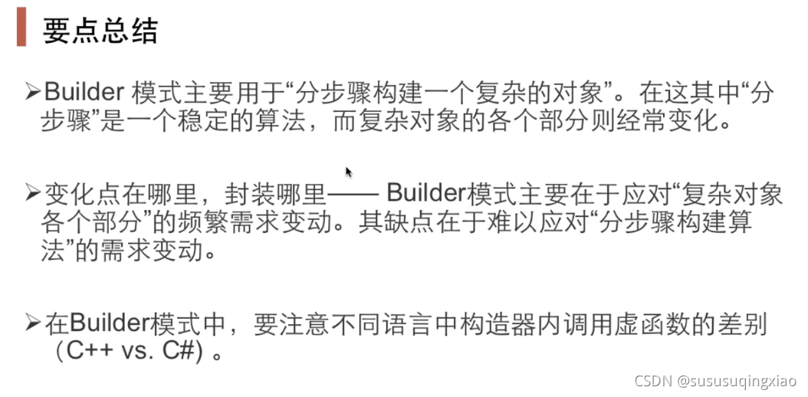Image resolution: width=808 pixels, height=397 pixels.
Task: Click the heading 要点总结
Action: coord(100,31)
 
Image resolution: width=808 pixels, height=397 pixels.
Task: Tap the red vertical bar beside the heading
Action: coord(22,28)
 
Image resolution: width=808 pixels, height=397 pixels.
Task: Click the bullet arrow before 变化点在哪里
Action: coord(31,193)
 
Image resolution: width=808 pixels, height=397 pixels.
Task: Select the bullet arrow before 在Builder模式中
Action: coord(31,323)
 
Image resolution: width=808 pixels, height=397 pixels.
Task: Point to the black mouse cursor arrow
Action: coord(349,172)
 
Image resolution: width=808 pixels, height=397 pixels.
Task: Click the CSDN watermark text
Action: coord(652,380)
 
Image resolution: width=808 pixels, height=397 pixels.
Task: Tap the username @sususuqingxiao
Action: coord(736,380)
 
